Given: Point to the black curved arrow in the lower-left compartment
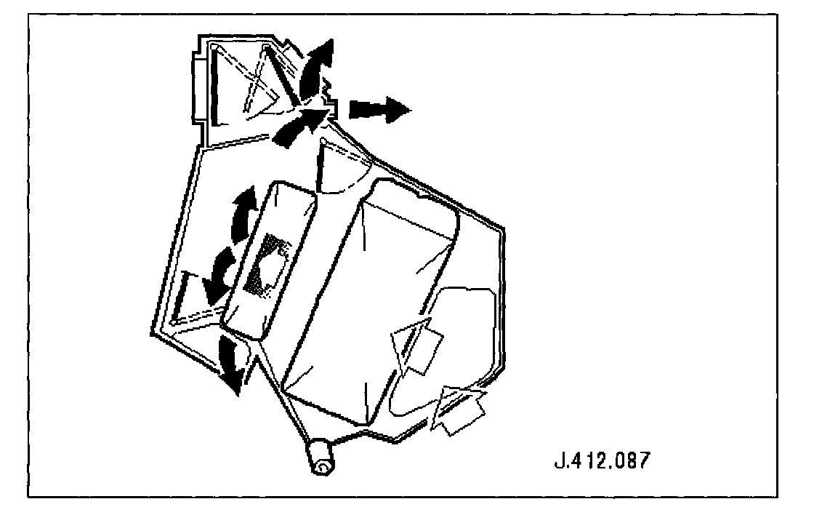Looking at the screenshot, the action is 218,276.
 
